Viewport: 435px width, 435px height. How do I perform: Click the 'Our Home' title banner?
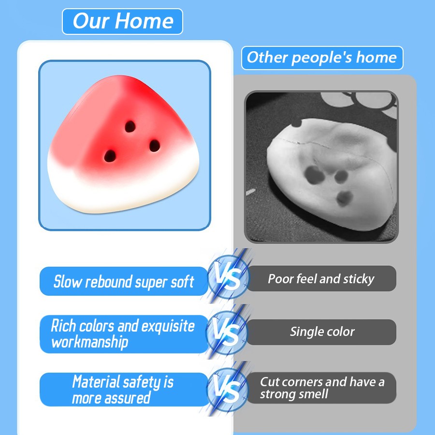(122, 21)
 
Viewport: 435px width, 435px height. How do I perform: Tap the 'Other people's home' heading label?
(322, 58)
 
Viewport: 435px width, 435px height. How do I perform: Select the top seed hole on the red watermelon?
(130, 127)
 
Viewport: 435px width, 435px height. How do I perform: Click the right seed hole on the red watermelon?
(155, 145)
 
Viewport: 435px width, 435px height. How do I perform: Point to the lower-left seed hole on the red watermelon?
(110, 156)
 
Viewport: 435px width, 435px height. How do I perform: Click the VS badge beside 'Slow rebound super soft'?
(228, 277)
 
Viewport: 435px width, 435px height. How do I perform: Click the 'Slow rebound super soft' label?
(124, 281)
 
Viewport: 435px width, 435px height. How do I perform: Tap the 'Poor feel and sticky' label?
(321, 278)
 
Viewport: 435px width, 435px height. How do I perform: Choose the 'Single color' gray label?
(322, 332)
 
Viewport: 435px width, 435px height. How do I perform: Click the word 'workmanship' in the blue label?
(89, 342)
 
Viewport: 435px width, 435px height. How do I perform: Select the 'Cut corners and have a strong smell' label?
(322, 388)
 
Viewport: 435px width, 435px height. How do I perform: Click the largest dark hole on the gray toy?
(315, 174)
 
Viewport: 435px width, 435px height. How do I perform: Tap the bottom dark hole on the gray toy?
(345, 198)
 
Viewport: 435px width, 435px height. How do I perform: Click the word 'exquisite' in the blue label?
(168, 326)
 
